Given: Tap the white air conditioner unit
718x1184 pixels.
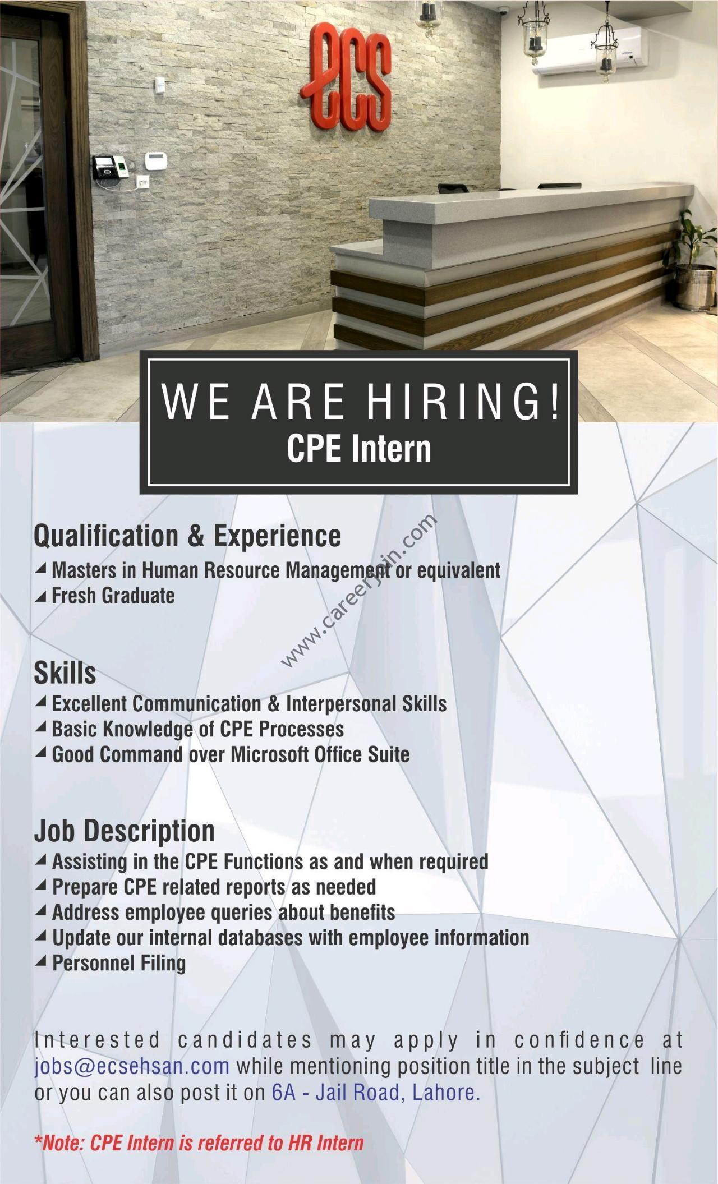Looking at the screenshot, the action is pyautogui.click(x=591, y=52).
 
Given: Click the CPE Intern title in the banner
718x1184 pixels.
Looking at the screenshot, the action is pyautogui.click(x=359, y=449).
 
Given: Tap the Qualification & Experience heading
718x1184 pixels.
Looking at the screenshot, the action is pyautogui.click(x=187, y=536).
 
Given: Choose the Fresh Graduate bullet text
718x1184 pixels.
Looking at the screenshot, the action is pyautogui.click(x=113, y=596).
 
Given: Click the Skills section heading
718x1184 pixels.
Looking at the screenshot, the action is pyautogui.click(x=65, y=672).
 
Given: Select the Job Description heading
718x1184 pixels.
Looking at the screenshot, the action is pyautogui.click(x=125, y=831).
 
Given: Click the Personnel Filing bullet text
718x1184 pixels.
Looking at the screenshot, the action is pyautogui.click(x=119, y=963).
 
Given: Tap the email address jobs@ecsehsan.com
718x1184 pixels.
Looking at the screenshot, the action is pyautogui.click(x=132, y=1066).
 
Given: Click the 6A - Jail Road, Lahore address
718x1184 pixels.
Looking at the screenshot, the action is pyautogui.click(x=376, y=1092).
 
